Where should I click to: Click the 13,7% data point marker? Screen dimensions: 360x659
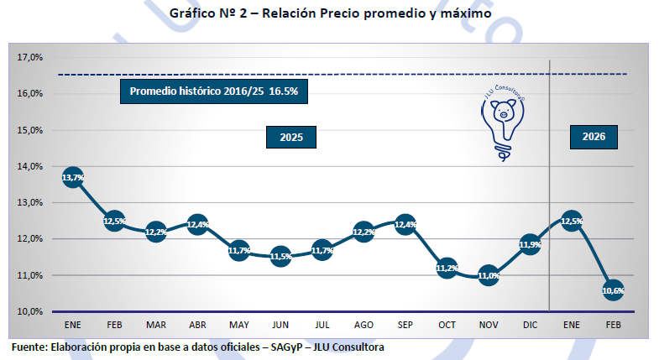[x=73, y=177]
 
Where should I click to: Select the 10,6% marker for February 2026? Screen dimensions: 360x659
[x=613, y=290]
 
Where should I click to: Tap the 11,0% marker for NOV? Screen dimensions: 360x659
[x=488, y=275]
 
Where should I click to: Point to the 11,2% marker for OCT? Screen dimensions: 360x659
[x=447, y=269]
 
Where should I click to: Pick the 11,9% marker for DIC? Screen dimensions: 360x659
[x=530, y=245]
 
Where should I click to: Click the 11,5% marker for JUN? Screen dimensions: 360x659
[x=280, y=257]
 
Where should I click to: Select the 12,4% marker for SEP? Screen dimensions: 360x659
[x=405, y=225]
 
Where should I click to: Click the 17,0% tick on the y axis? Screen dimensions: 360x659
[x=30, y=58]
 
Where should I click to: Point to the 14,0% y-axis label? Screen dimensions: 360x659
[x=30, y=166]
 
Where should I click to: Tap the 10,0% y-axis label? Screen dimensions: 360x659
[x=30, y=311]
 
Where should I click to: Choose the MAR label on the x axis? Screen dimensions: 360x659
[x=156, y=324]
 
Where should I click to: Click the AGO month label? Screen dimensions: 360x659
[x=363, y=324]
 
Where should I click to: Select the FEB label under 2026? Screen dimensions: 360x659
[x=613, y=324]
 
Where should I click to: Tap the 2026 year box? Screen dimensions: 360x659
[x=594, y=137]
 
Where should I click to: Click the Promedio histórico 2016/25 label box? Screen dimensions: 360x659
[x=214, y=91]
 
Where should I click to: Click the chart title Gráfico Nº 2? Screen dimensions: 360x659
[x=330, y=13]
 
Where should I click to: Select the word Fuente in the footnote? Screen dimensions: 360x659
[x=29, y=347]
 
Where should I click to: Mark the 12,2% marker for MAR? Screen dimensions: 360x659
[x=156, y=232]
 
